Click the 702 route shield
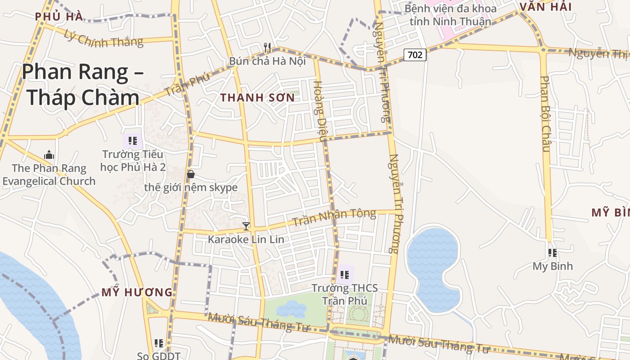coord(415,55)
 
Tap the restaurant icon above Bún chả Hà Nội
coord(267,47)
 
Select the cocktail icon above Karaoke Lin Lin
coord(246,226)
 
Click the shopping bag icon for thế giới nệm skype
coord(191,174)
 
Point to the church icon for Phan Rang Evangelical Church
coord(49,155)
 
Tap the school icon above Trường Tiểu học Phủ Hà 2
coord(132,141)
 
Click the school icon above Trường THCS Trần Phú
coord(345,274)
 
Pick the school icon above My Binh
coord(553,253)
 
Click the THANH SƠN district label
coord(257,98)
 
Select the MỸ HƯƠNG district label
coord(137,292)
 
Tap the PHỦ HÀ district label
coord(59,17)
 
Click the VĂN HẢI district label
coord(545,7)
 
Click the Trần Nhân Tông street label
coord(334,218)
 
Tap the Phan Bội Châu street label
coord(545,114)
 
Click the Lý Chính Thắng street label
coord(103,38)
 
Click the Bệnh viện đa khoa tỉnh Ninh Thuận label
coord(450,15)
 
